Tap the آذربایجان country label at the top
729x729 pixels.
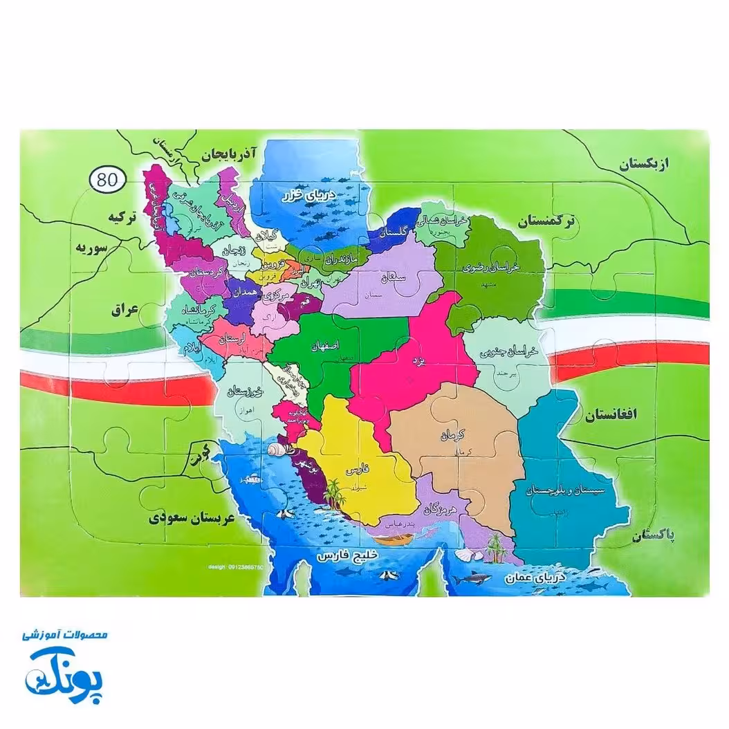228,154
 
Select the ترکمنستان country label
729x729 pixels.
546,223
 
